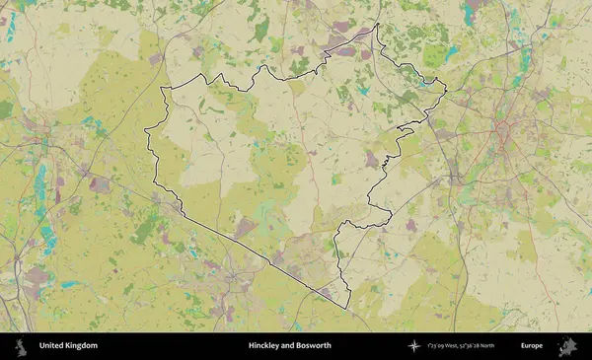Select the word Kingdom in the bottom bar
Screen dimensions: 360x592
(82, 346)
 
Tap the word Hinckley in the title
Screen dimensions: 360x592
(264, 346)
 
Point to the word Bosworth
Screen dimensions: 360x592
(315, 346)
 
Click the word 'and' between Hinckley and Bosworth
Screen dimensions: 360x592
(288, 346)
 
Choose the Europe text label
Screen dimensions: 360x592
(532, 346)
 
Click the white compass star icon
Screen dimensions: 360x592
(413, 346)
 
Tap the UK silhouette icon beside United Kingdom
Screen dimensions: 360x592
(20, 346)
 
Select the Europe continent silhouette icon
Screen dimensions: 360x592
(568, 346)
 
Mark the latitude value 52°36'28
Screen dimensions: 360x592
(479, 346)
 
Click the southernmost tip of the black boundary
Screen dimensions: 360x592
(348, 307)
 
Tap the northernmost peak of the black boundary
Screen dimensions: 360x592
(377, 27)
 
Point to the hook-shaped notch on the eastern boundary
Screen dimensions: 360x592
(405, 128)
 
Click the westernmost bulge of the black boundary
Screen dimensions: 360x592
(146, 131)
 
